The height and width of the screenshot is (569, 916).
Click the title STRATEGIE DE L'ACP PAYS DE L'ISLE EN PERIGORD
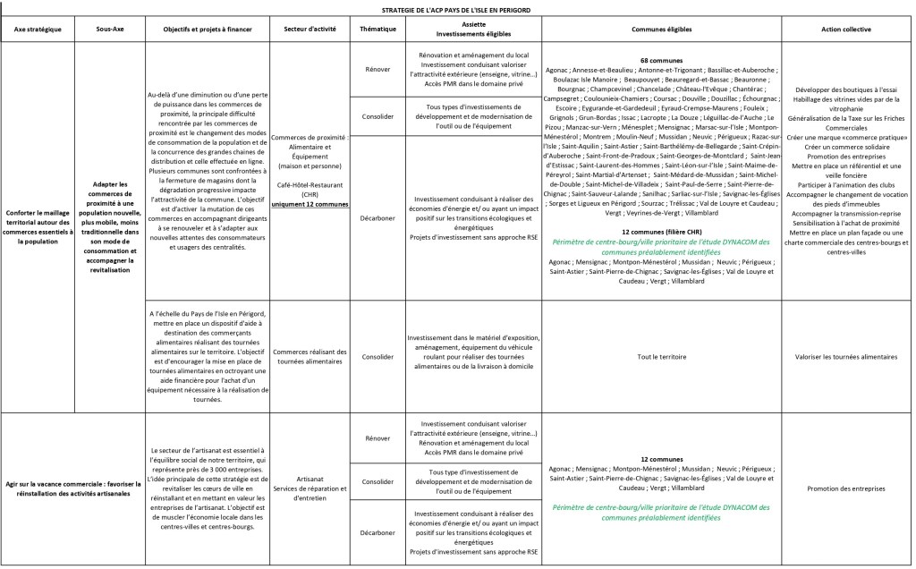coord(456,9)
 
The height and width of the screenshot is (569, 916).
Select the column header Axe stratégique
coord(38,30)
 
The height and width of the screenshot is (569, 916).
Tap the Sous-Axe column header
coord(109,30)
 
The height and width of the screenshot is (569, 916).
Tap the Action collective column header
coord(848,30)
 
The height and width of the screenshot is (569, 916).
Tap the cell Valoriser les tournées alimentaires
coord(848,356)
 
